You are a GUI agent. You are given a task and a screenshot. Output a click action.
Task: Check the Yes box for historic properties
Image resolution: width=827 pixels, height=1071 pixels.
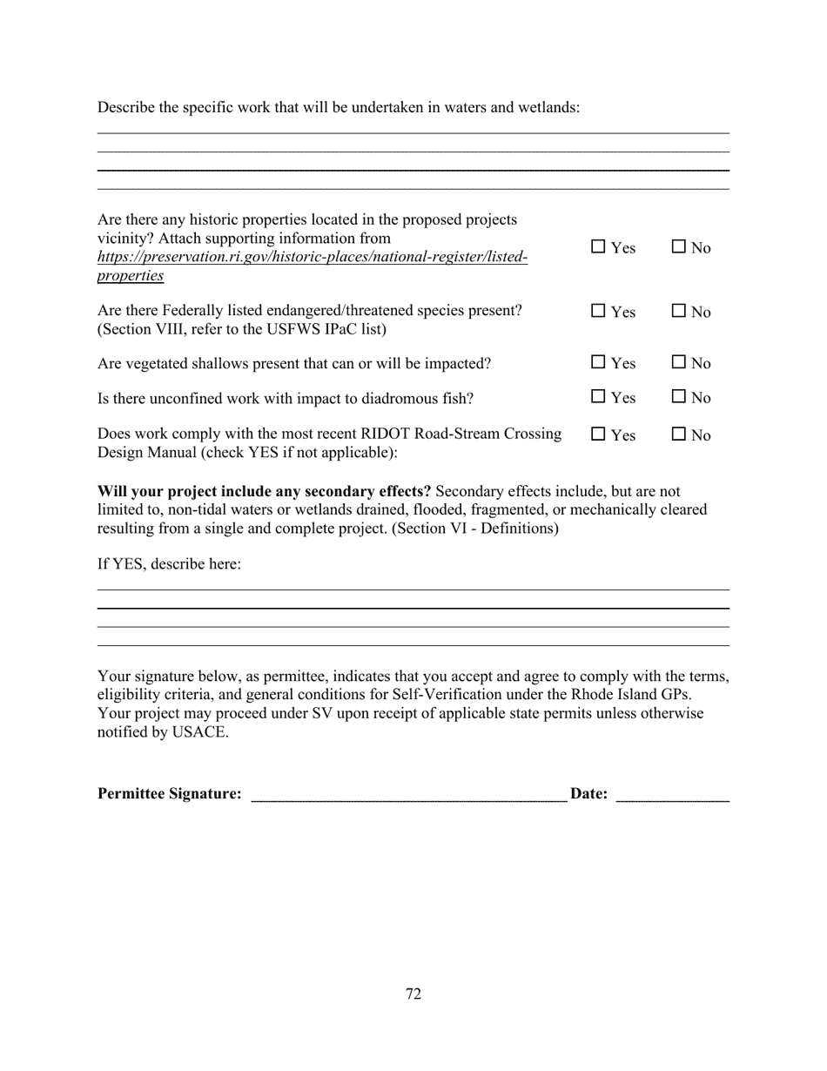598,247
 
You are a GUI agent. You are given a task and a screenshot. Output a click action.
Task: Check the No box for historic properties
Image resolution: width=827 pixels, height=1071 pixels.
679,247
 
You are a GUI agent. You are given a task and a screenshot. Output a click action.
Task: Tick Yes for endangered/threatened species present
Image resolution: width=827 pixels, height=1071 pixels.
598,311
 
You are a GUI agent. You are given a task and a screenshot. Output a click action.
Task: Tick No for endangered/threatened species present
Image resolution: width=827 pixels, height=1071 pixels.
679,311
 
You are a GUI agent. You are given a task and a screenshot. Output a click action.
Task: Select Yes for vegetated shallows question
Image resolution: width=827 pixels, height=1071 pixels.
598,362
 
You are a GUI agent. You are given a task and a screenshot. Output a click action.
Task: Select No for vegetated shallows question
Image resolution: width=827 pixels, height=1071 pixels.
679,362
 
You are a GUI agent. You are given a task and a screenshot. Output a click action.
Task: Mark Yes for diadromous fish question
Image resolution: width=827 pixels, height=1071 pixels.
598,397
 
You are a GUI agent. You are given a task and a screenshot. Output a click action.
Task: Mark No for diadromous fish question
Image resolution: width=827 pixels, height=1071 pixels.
679,397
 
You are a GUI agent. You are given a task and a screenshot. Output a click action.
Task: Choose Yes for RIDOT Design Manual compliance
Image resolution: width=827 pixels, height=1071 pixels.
598,434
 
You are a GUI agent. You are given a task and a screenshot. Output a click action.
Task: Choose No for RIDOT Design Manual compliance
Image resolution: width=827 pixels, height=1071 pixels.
679,434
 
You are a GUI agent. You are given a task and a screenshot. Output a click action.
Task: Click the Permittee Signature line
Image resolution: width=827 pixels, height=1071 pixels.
408,794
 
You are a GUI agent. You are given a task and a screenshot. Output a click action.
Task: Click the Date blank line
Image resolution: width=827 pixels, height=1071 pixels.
672,794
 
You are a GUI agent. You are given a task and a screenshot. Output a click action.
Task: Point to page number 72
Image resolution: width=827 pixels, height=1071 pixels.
413,994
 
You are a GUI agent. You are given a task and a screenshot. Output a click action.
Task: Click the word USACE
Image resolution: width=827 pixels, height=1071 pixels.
199,731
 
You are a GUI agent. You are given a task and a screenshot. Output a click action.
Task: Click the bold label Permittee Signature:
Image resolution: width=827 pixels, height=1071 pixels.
170,794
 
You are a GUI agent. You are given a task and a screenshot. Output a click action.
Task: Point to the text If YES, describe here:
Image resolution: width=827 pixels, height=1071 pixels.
169,564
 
